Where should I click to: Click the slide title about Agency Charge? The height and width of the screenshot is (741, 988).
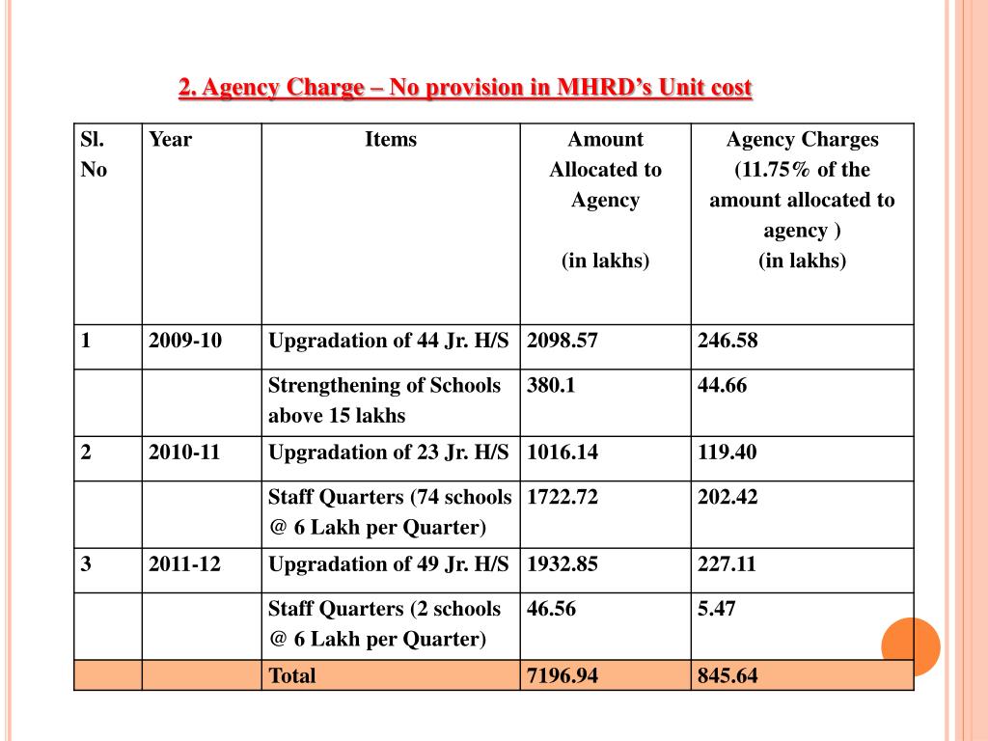[x=465, y=88]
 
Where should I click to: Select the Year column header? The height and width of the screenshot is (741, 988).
[x=170, y=140]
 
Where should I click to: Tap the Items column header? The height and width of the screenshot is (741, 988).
[x=391, y=140]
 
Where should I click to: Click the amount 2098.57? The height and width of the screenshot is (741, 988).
[x=563, y=341]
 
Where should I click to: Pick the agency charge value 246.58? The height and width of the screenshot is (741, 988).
[x=728, y=341]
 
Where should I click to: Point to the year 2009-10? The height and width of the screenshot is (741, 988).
[x=185, y=341]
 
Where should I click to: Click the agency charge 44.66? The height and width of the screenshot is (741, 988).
[x=723, y=386]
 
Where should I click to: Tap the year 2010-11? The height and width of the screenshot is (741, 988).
[x=184, y=453]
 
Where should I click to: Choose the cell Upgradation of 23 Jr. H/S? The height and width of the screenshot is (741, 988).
[x=388, y=453]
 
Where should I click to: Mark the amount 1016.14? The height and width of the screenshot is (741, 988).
[x=563, y=453]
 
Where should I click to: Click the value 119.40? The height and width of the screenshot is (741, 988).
[x=727, y=453]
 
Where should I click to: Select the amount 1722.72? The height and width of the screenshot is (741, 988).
[x=563, y=498]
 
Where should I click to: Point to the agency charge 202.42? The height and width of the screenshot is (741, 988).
[x=728, y=498]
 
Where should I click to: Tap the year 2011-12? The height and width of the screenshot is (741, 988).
[x=184, y=564]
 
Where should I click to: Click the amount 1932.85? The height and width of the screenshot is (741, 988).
[x=563, y=564]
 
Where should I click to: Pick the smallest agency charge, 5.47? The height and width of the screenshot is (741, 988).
[x=717, y=610]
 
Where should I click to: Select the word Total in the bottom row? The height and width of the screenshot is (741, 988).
[x=292, y=676]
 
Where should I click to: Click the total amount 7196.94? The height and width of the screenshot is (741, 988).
[x=563, y=676]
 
